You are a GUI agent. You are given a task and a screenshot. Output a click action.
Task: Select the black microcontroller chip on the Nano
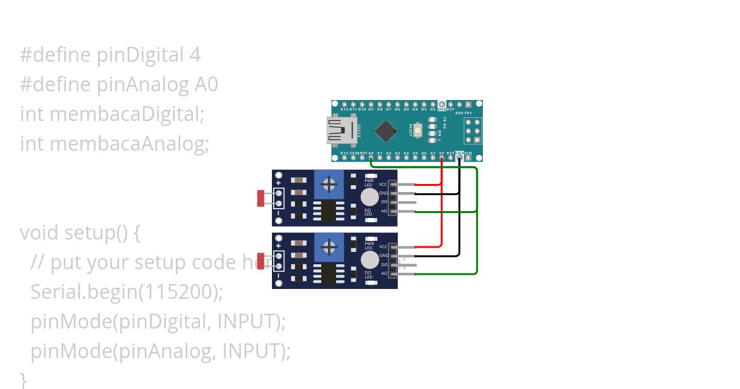(385, 130)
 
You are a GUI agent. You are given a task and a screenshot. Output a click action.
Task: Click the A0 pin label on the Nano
(371, 153)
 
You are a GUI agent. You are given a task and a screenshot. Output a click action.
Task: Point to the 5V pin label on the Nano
(442, 153)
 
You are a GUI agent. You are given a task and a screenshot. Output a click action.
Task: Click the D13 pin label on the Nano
(344, 153)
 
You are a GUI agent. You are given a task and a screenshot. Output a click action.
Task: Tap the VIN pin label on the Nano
(469, 153)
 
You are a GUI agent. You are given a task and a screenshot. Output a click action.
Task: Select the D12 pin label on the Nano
(344, 109)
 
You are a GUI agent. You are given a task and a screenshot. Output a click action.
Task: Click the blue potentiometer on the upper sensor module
(330, 183)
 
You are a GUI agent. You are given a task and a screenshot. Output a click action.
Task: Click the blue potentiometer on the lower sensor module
(330, 248)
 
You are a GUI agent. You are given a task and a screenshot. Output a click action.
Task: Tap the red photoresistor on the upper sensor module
(260, 198)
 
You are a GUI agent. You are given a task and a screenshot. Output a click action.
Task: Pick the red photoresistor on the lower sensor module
(260, 261)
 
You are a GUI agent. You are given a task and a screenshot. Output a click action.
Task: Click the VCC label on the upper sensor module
(383, 184)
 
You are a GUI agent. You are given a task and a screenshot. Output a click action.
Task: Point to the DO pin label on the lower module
(384, 264)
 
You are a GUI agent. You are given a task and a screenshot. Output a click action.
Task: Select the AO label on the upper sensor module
(384, 211)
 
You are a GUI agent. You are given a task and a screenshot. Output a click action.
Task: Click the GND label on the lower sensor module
(384, 255)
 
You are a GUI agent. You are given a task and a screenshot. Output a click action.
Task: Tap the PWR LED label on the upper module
(369, 183)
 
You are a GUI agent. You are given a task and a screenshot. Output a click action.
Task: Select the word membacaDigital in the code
(126, 114)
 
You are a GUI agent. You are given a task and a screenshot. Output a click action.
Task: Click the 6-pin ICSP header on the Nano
(473, 131)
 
